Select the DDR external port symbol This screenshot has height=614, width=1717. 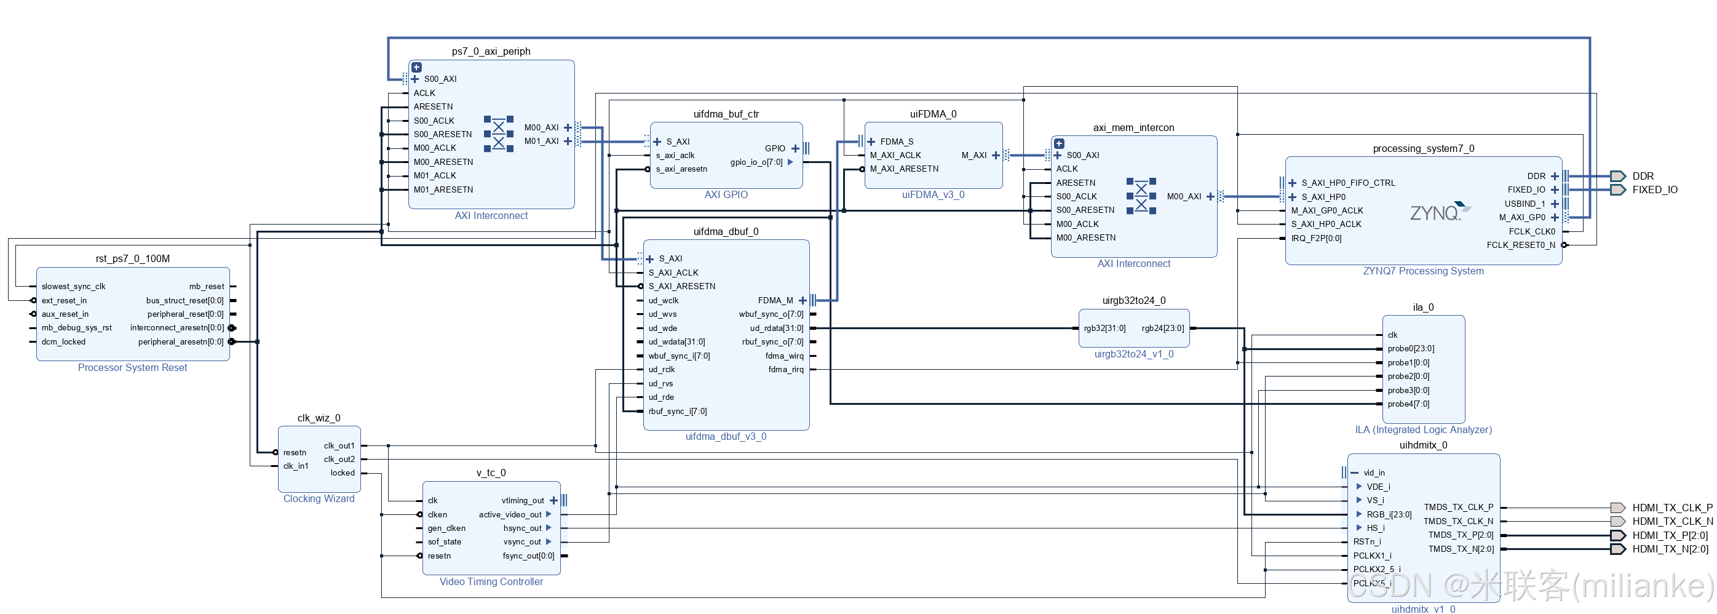(1618, 176)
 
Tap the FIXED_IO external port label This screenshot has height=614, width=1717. (1654, 190)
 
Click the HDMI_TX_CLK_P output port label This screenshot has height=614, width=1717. (1671, 508)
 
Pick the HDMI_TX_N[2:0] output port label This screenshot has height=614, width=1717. (1670, 549)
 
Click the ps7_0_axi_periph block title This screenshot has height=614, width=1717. (491, 51)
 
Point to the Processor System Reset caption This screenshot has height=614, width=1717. (132, 368)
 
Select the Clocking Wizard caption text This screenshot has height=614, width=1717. (319, 499)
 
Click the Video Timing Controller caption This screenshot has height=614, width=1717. (491, 582)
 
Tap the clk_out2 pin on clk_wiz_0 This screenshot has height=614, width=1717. (339, 460)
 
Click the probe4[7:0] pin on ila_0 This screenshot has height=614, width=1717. (1408, 404)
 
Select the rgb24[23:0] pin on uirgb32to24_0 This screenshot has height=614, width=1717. (1162, 329)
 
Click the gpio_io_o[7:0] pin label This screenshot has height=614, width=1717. (756, 162)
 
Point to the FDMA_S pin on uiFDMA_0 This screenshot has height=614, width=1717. (896, 142)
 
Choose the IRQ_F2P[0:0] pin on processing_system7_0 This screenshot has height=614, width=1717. (1316, 239)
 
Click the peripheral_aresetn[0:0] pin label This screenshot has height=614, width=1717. (181, 342)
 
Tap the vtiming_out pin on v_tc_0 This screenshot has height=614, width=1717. (523, 501)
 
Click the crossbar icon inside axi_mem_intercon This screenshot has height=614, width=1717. (1141, 196)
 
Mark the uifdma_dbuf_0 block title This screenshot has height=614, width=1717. (725, 232)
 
